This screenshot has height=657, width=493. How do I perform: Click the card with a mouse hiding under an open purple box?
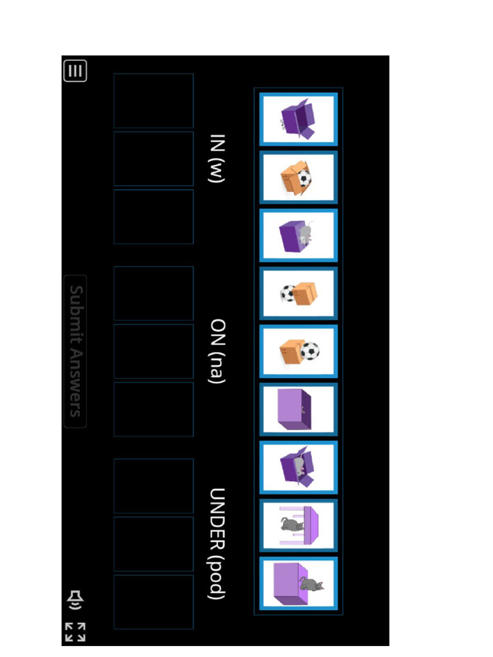tap(298, 119)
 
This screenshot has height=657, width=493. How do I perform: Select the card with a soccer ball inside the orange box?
tap(298, 177)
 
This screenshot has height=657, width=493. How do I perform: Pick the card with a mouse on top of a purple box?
tap(298, 235)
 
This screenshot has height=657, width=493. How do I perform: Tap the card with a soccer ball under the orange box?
tap(298, 293)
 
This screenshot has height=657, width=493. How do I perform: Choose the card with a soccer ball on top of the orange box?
tap(298, 351)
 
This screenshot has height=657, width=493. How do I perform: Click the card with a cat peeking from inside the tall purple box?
tap(298, 409)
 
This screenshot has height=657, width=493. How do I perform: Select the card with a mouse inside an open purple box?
tap(298, 467)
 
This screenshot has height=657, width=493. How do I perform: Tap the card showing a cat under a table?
tap(298, 525)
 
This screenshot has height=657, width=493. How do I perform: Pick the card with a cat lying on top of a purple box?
tap(298, 583)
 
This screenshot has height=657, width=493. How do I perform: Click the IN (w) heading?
tap(217, 159)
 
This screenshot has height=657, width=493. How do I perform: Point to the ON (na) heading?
tap(217, 351)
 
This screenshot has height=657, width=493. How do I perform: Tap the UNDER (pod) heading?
tap(217, 543)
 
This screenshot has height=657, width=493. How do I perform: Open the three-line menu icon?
tap(75, 71)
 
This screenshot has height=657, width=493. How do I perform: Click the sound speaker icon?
tap(75, 600)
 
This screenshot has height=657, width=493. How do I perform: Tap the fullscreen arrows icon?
tap(75, 632)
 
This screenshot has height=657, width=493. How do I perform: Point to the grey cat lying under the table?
tap(291, 524)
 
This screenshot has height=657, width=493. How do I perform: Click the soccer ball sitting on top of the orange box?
tap(310, 351)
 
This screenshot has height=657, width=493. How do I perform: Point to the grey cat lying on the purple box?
tap(311, 584)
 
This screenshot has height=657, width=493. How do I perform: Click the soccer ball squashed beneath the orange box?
tap(288, 293)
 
